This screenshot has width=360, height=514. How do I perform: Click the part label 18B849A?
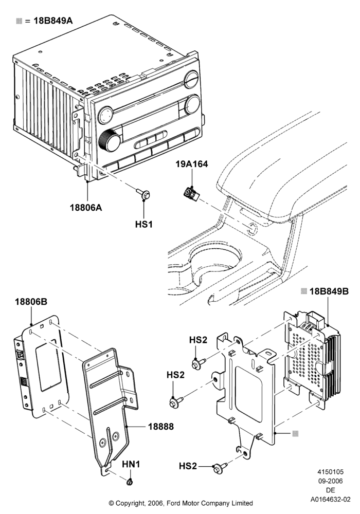53,21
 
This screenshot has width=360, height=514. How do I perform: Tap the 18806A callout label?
86,208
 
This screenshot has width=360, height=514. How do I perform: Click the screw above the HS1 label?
143,194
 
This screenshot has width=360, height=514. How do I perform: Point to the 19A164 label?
191,164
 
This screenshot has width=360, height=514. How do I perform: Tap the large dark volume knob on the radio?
109,141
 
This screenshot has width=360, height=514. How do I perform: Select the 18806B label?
31,302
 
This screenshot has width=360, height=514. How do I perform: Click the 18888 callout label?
161,427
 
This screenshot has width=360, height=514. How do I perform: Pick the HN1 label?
131,465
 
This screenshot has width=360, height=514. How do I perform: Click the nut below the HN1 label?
130,482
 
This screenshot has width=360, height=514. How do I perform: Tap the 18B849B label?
329,291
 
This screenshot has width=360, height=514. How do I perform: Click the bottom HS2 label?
188,466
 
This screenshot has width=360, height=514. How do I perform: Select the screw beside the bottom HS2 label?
220,467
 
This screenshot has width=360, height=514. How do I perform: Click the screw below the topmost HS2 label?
199,363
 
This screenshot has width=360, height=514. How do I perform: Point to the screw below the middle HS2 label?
176,401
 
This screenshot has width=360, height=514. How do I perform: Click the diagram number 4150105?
331,472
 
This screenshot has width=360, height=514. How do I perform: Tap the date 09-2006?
331,481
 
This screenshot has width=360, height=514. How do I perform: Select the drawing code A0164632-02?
331,500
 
